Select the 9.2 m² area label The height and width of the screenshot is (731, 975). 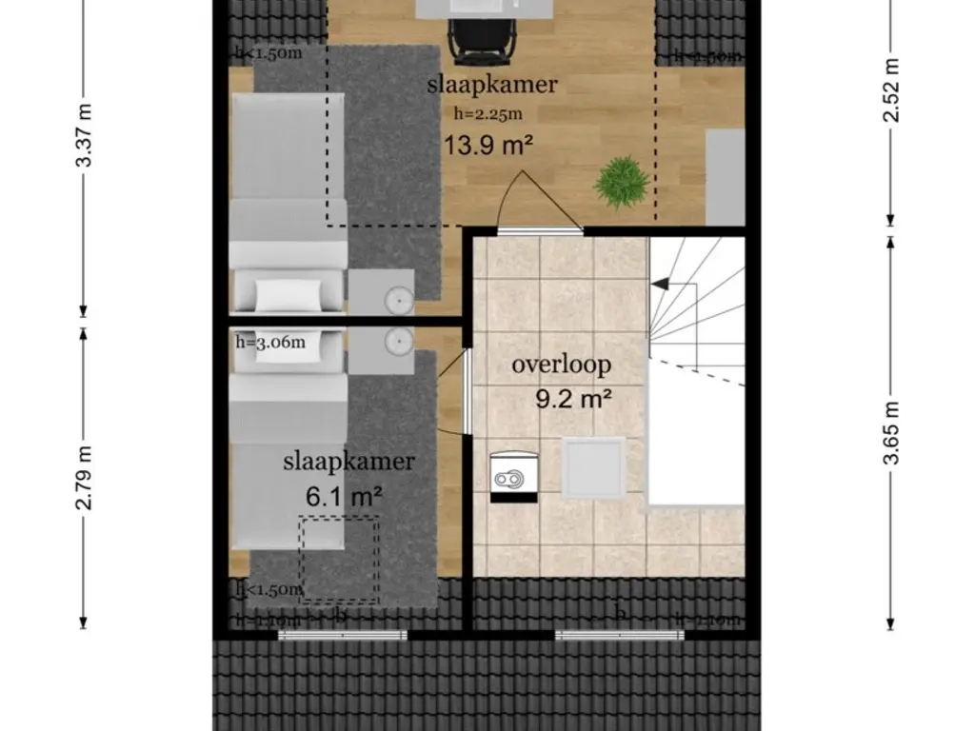572,399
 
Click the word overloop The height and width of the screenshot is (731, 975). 561,365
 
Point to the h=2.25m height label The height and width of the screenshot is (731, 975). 488,113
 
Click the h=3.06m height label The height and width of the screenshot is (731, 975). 270,343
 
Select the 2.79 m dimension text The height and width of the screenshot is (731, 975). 85,477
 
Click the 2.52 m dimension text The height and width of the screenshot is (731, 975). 890,91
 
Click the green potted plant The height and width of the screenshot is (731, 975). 621,181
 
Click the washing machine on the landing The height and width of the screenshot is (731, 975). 512,473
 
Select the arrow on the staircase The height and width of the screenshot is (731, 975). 660,284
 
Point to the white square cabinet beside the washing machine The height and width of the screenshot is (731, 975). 593,467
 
